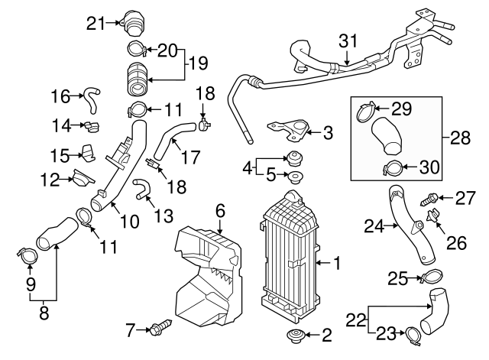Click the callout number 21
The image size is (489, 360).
[x=95, y=23]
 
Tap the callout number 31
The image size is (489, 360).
[x=348, y=40]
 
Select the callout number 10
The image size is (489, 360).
[x=129, y=221]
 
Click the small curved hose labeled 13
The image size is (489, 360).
[x=143, y=188]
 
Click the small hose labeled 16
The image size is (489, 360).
[x=92, y=97]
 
